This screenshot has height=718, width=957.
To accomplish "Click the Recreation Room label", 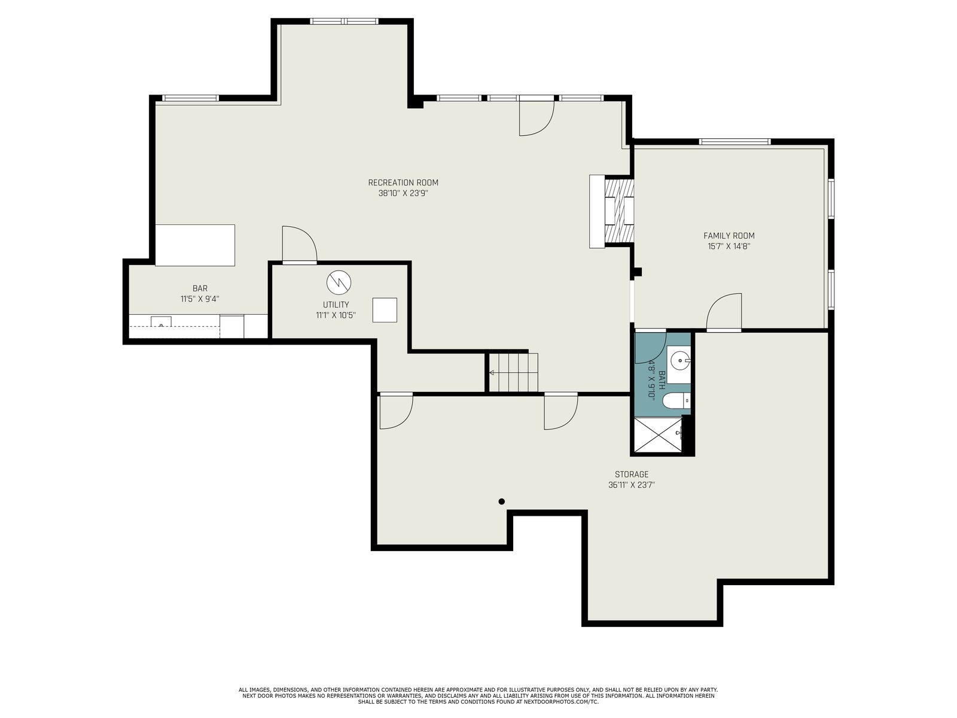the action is (x=403, y=182).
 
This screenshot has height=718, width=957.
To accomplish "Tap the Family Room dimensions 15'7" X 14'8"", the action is (x=729, y=247).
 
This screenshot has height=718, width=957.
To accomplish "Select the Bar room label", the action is (x=200, y=288).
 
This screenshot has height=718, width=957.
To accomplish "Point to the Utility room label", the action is (x=336, y=305).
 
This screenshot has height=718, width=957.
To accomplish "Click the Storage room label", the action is (x=631, y=474).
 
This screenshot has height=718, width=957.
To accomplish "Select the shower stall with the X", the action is (x=658, y=434).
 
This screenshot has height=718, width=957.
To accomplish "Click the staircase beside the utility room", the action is (x=513, y=372).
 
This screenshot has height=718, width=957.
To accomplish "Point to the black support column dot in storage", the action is (x=501, y=501).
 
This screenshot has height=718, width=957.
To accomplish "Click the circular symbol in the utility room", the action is (x=339, y=282).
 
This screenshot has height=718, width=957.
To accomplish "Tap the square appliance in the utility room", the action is (x=385, y=310).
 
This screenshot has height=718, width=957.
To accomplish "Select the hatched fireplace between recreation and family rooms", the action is (x=619, y=211).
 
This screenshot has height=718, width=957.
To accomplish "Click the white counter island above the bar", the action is (x=195, y=245).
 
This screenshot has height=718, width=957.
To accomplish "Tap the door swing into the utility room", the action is (x=300, y=245).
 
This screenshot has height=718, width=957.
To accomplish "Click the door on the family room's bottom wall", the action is (x=724, y=312).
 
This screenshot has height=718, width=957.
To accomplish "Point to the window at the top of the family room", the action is (x=734, y=141).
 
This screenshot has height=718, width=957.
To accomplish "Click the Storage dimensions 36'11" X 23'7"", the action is (x=631, y=485).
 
